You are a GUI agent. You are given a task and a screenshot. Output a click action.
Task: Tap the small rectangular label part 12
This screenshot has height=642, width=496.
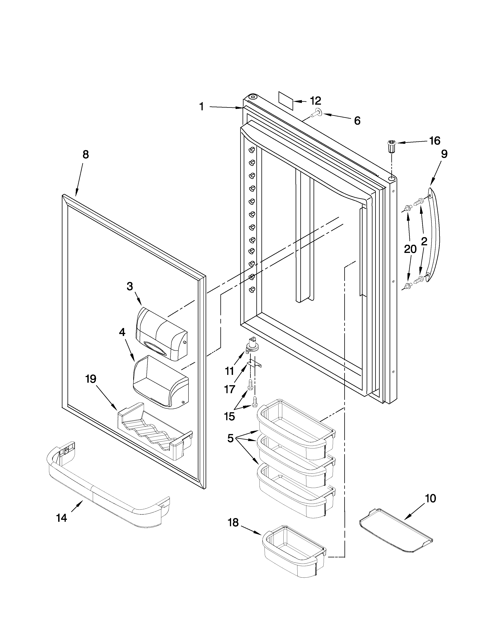coord(286,101)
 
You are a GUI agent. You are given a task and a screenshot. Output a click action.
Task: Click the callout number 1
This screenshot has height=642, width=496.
coord(202,107)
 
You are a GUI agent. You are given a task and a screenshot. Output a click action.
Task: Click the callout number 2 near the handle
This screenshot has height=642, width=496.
coord(424,242)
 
